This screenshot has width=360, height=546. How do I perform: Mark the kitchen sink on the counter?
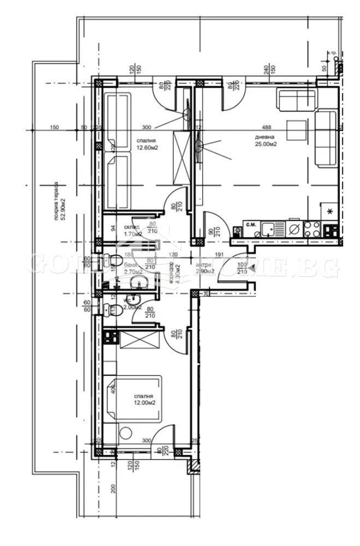(x=268, y=228)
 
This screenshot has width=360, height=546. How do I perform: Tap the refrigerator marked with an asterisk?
(x=329, y=211)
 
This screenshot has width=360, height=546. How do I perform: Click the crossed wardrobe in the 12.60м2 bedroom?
(x=180, y=157)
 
